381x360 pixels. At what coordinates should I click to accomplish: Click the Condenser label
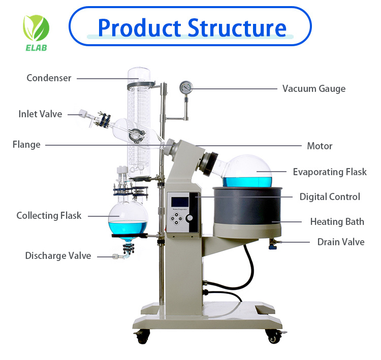click(x=49, y=78)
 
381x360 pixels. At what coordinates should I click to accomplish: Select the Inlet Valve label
click(x=40, y=114)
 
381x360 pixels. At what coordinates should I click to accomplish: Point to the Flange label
click(x=26, y=145)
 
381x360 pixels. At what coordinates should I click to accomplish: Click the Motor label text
click(x=320, y=146)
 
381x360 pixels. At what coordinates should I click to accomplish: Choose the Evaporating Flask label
click(x=330, y=172)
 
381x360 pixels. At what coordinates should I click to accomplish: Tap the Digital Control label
click(x=330, y=197)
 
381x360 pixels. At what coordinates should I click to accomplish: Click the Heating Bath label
click(x=337, y=222)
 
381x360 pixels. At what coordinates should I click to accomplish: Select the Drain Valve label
click(x=341, y=242)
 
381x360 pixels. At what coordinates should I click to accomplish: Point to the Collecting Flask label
click(x=49, y=216)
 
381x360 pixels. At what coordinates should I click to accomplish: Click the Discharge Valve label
click(x=58, y=256)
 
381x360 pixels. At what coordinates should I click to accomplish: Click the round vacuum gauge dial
click(x=186, y=87)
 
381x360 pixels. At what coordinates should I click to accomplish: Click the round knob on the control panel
click(x=190, y=218)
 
